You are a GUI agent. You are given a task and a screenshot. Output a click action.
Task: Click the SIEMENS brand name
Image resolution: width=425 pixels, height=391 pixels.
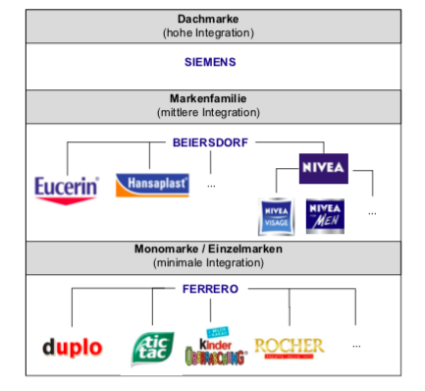(x=210, y=62)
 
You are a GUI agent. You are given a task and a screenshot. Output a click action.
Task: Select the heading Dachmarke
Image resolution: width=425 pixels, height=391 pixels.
(x=209, y=19)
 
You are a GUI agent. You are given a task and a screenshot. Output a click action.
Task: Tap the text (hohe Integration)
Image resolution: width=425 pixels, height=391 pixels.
(x=209, y=33)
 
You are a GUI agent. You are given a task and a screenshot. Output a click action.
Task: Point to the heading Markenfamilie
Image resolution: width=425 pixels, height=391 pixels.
(x=209, y=99)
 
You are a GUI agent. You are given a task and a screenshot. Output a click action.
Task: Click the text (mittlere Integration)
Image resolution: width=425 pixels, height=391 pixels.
(x=209, y=113)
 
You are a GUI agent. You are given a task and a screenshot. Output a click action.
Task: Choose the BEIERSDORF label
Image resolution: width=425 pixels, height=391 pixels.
(x=210, y=141)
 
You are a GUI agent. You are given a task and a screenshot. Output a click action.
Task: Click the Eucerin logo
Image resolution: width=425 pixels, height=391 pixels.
(x=66, y=187)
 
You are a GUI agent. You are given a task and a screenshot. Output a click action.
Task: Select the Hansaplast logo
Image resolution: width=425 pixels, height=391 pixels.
(x=151, y=184)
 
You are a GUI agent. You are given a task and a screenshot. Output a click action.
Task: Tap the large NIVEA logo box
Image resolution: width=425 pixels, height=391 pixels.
(x=323, y=168)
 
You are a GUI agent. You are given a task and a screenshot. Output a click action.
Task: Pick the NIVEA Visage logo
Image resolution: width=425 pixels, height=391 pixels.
(x=275, y=216)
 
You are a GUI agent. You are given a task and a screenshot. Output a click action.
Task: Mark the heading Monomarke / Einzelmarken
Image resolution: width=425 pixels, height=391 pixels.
(x=209, y=250)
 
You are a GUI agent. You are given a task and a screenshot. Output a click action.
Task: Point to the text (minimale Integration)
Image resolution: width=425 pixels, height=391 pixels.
(x=209, y=263)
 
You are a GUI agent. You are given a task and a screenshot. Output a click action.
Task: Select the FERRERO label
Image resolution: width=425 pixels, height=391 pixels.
(x=210, y=289)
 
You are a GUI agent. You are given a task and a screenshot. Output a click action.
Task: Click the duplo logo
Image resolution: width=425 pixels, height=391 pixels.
(x=73, y=347)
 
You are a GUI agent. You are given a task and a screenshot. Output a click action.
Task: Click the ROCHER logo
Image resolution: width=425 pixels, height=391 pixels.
(x=289, y=346)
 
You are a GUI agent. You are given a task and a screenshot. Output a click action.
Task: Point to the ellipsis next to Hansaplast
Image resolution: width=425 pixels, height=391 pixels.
(x=211, y=184)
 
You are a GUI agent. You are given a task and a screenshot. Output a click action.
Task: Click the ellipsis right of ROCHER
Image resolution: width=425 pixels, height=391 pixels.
(x=355, y=346)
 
